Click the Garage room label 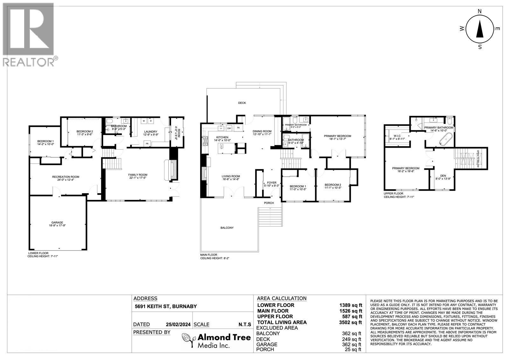57,222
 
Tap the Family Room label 138,175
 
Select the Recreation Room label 66,177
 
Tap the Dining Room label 262,131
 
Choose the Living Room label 231,176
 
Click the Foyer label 271,183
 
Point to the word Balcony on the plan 227,228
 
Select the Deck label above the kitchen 242,103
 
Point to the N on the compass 480,11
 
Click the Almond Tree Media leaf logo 188,341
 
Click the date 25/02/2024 178,325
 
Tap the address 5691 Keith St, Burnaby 165,307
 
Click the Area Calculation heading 281,299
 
